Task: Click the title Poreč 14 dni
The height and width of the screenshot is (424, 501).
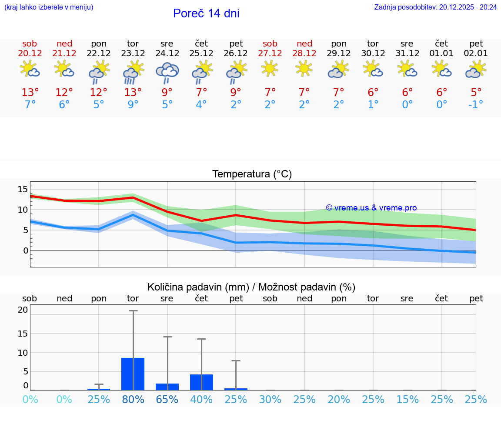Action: click(206, 13)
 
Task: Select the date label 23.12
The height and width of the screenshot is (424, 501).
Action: click(133, 53)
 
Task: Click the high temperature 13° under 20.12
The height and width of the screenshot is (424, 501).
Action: click(30, 92)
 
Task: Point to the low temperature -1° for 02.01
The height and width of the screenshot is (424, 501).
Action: click(476, 104)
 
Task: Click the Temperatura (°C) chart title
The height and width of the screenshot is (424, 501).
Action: click(252, 174)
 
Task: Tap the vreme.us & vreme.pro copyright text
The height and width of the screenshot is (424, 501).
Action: click(371, 208)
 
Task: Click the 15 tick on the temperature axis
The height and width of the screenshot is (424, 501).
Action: click(23, 189)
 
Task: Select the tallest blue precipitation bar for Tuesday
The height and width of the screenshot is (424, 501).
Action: click(133, 374)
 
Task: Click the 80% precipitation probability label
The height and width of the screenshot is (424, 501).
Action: click(133, 399)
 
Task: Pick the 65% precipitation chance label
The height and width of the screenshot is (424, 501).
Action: click(167, 399)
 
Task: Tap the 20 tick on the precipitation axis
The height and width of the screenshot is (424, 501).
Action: click(23, 310)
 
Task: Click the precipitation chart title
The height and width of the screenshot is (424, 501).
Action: click(251, 287)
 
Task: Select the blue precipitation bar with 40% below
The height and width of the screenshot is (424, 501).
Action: click(201, 382)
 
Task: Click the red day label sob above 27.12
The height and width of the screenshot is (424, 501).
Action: click(270, 43)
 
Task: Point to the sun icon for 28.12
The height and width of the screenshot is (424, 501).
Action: click(304, 68)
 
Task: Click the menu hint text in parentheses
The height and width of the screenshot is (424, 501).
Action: click(49, 7)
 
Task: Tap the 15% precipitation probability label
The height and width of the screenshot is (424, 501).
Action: click(407, 399)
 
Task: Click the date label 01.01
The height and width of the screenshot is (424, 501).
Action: click(441, 53)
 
